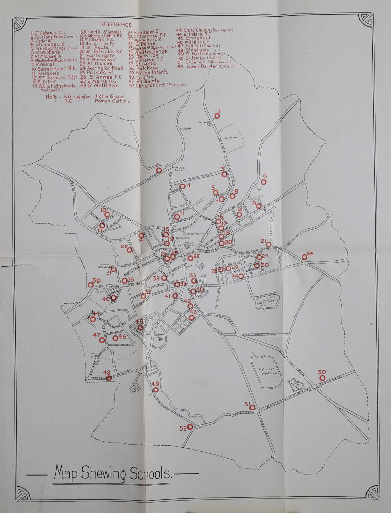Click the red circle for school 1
coord(217,115)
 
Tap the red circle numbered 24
coord(304,257)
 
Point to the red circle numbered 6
coord(264,182)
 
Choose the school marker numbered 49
coord(156,390)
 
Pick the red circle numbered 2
coord(158,170)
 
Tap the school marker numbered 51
coord(252,407)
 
